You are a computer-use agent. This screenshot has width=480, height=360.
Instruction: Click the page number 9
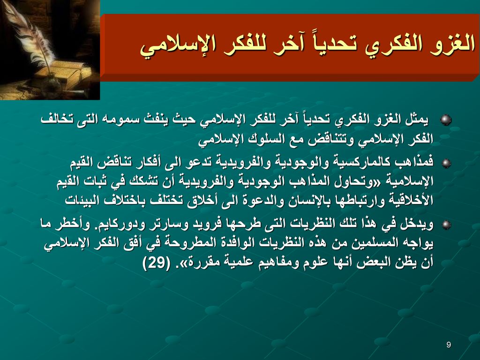click(x=449, y=345)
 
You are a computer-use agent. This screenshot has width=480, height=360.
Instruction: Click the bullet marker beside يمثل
click(x=446, y=120)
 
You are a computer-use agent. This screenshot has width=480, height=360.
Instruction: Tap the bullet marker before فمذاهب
click(x=446, y=163)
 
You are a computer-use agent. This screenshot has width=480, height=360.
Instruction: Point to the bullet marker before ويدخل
click(x=446, y=225)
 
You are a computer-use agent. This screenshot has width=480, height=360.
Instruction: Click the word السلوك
click(x=263, y=139)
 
